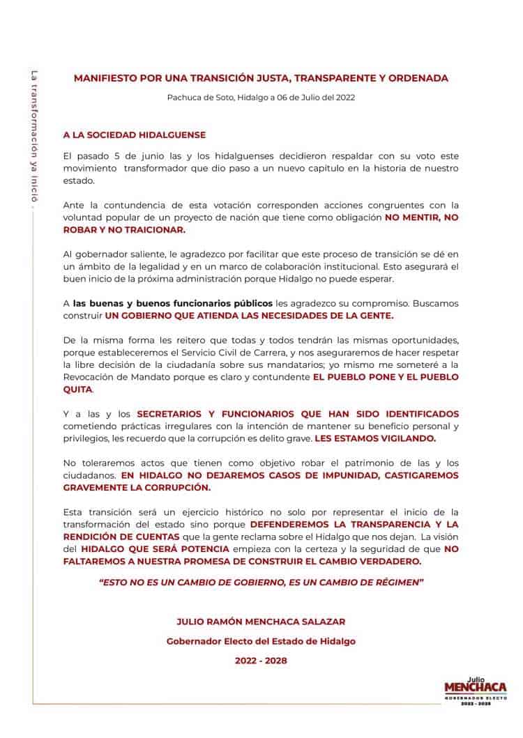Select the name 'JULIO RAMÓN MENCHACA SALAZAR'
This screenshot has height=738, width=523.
click(261, 620)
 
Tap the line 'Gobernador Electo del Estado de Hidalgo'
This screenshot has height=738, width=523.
click(261, 640)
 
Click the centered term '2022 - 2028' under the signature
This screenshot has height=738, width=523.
click(261, 660)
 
